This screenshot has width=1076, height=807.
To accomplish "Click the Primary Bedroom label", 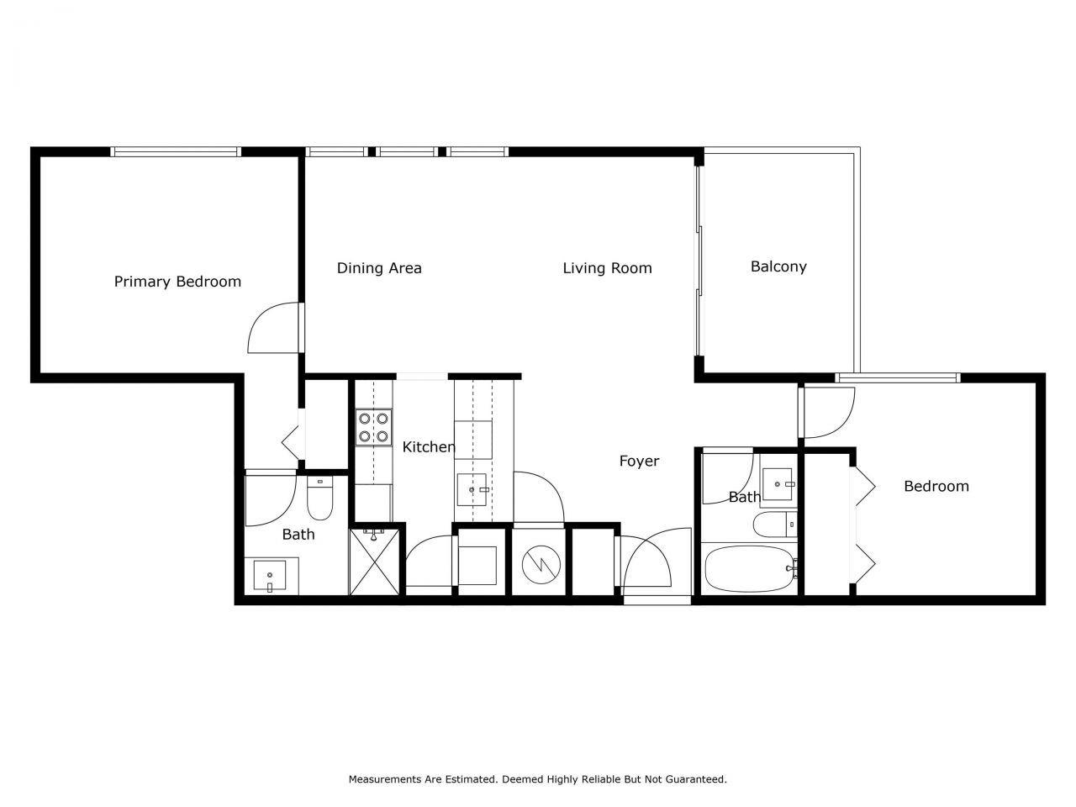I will pyautogui.click(x=177, y=282).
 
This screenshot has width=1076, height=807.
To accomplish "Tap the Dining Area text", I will pyautogui.click(x=379, y=268).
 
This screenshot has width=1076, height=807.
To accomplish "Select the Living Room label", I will pyautogui.click(x=607, y=268).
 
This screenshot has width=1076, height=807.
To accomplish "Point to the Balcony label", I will pyautogui.click(x=778, y=266).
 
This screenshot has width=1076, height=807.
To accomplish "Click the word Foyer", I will pyautogui.click(x=639, y=461).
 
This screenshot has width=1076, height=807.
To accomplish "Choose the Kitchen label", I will pyautogui.click(x=428, y=447).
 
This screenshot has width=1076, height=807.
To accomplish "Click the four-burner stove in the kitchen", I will pyautogui.click(x=373, y=426).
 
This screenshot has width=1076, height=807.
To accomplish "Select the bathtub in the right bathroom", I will pyautogui.click(x=749, y=569).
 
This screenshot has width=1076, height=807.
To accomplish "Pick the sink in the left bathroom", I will pyautogui.click(x=270, y=577).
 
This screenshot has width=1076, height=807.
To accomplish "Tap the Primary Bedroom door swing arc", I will pyautogui.click(x=271, y=330).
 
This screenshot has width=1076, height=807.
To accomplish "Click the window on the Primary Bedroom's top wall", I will pyautogui.click(x=176, y=152).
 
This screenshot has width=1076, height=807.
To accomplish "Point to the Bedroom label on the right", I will pyautogui.click(x=936, y=486).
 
